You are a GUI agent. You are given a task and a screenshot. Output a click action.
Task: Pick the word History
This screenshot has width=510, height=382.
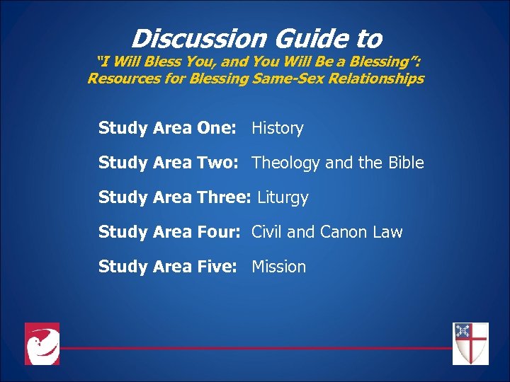[277, 128]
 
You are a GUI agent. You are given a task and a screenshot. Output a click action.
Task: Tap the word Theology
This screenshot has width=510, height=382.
[286, 163]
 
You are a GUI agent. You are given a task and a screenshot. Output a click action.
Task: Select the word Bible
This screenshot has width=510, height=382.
[406, 163]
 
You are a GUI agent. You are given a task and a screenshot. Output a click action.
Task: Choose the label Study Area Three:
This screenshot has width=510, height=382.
[174, 197]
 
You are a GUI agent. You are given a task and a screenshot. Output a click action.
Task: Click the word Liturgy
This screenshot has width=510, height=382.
[283, 198]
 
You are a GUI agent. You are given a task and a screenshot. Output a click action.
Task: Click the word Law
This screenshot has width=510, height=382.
[390, 232]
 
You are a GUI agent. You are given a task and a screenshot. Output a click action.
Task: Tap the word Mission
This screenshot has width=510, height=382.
[278, 267]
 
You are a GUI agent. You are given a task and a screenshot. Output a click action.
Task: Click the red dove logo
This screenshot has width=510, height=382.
[42, 344]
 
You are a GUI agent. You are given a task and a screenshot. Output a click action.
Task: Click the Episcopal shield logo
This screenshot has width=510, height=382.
[470, 344]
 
